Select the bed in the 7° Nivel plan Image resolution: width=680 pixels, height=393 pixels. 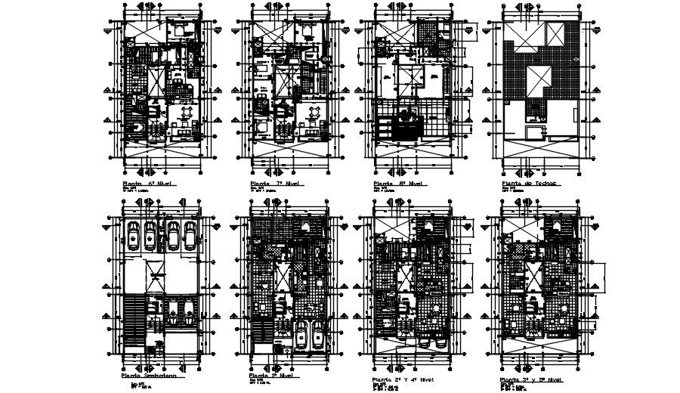tap(308, 31)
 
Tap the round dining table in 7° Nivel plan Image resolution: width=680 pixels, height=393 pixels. tap(313, 113)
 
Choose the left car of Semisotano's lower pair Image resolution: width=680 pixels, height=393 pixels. tap(172, 312)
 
